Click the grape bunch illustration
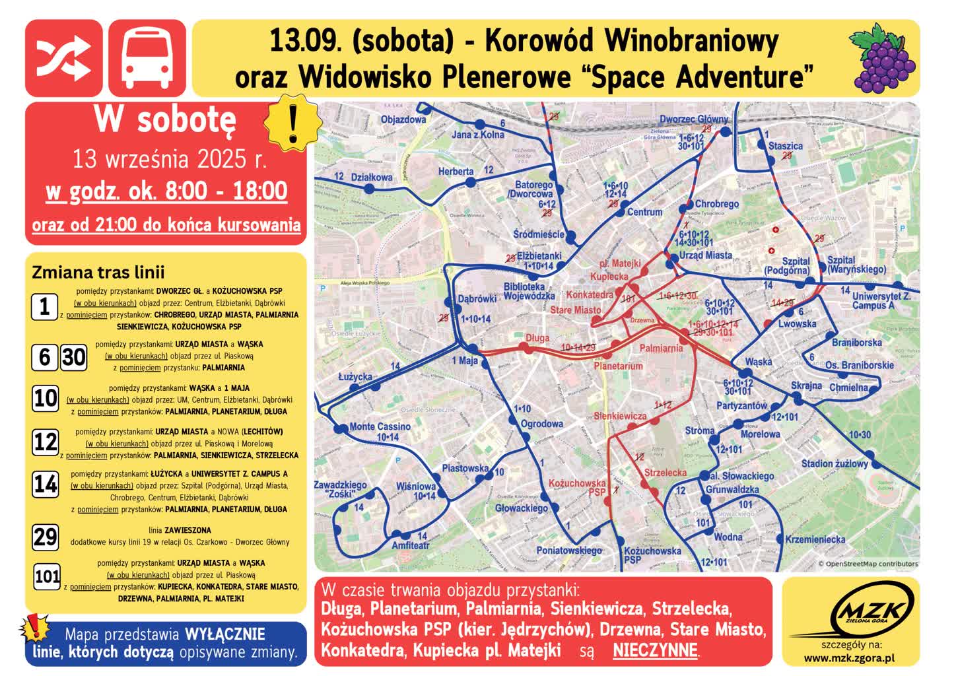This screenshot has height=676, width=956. point(884,57)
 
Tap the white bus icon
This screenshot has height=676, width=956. point(147,57)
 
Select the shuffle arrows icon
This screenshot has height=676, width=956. point(63,57)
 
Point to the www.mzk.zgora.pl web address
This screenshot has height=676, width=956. point(850,658)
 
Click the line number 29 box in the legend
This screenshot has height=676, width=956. point(46,537)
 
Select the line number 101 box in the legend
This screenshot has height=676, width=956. point(48,577)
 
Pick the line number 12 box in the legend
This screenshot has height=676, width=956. point(46,442)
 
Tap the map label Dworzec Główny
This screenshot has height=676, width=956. point(694,119)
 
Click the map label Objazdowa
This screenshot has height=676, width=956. point(403,119)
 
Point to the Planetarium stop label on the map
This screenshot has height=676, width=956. point(618,365)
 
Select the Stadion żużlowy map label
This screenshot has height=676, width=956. point(835,463)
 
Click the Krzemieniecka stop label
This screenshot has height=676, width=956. point(815,539)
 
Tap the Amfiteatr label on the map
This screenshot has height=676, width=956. point(411,546)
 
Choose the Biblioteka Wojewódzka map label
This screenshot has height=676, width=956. point(529,291)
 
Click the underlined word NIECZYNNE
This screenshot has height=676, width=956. point(655,651)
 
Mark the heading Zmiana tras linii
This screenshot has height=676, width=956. point(98,272)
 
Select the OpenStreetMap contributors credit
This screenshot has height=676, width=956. point(868,564)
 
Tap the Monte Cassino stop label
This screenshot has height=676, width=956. point(380,426)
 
